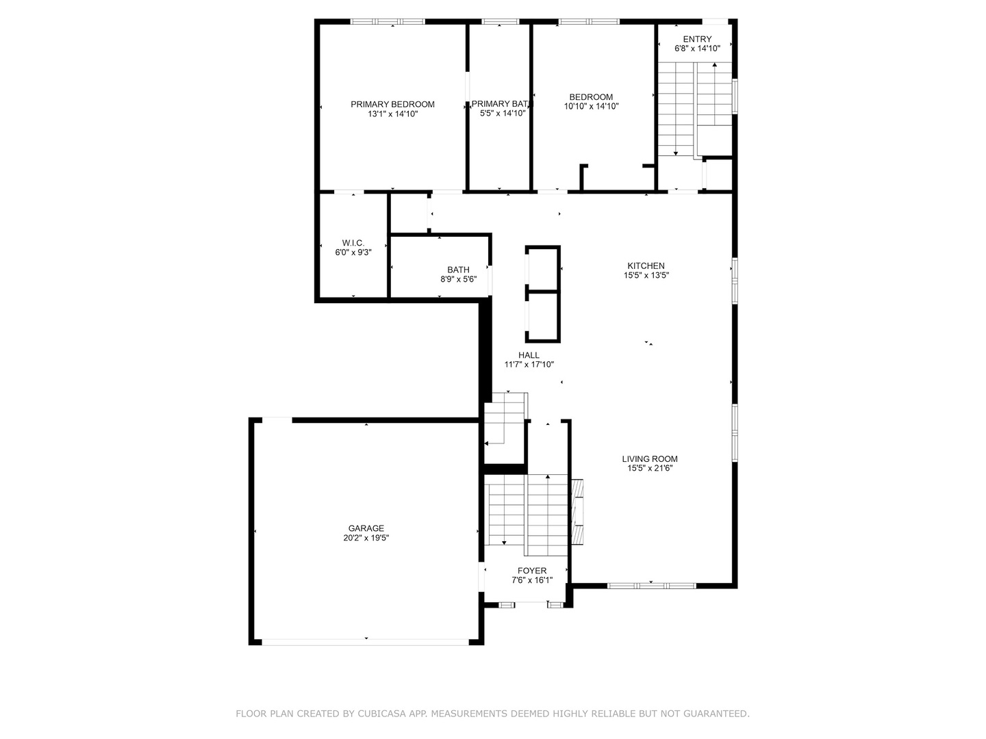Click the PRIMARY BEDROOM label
(392, 105)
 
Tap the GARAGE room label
(366, 528)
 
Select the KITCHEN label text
(646, 265)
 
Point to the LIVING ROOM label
(650, 458)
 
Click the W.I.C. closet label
(353, 243)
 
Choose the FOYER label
(532, 571)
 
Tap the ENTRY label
(697, 39)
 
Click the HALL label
(529, 355)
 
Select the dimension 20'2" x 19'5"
(366, 538)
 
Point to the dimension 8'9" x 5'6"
(458, 279)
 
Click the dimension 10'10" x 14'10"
(591, 107)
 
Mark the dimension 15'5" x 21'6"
(650, 469)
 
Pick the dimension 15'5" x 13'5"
(646, 276)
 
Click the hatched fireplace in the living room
(577, 512)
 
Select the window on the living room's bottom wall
(651, 586)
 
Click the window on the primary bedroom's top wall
(388, 21)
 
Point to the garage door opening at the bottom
(366, 643)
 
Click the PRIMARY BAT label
(500, 104)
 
